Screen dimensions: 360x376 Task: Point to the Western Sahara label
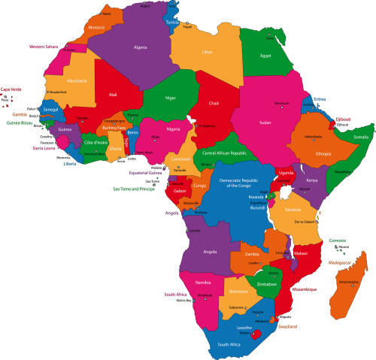coord(44,47)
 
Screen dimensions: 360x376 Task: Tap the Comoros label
coord(338,241)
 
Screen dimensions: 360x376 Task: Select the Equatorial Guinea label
coord(145,173)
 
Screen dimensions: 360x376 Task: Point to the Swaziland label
coord(287,326)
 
